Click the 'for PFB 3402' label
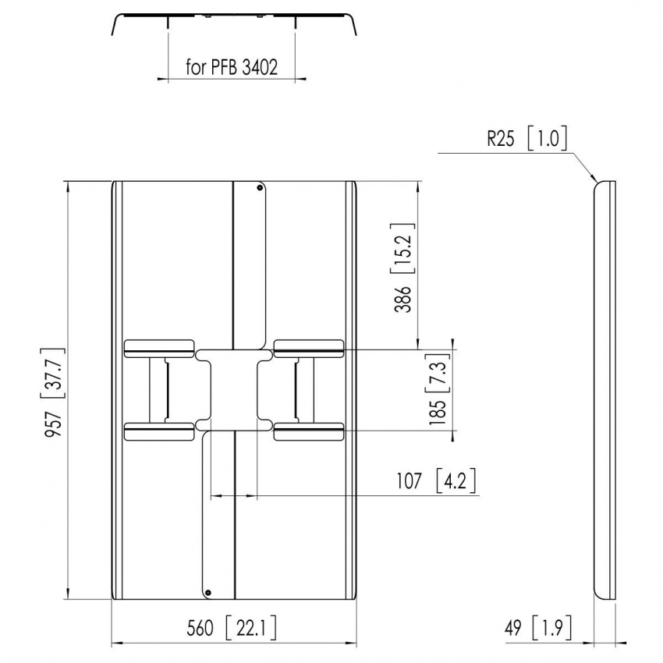(232, 67)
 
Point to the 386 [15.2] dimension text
(404, 268)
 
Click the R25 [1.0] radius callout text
(526, 140)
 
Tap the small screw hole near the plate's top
(260, 186)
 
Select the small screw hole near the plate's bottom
(208, 593)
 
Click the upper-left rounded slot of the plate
(159, 346)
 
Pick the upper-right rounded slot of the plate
(308, 346)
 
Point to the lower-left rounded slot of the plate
(159, 431)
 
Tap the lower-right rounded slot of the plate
(308, 431)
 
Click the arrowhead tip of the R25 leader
(597, 181)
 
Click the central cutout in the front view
(234, 388)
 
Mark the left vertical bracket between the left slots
(164, 388)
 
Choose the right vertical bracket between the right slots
(299, 388)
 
